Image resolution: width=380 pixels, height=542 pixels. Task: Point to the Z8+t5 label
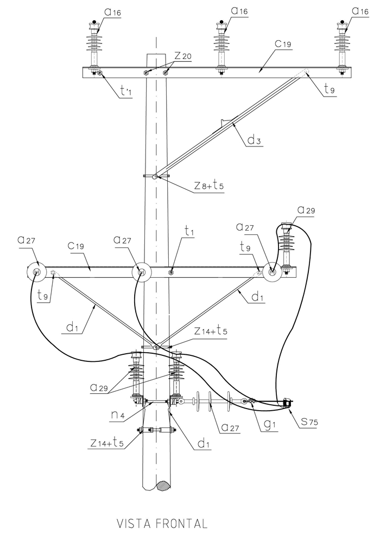point(209,186)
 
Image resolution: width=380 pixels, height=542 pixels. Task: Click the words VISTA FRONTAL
point(162,524)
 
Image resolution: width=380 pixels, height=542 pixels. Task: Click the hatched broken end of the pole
point(162,484)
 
